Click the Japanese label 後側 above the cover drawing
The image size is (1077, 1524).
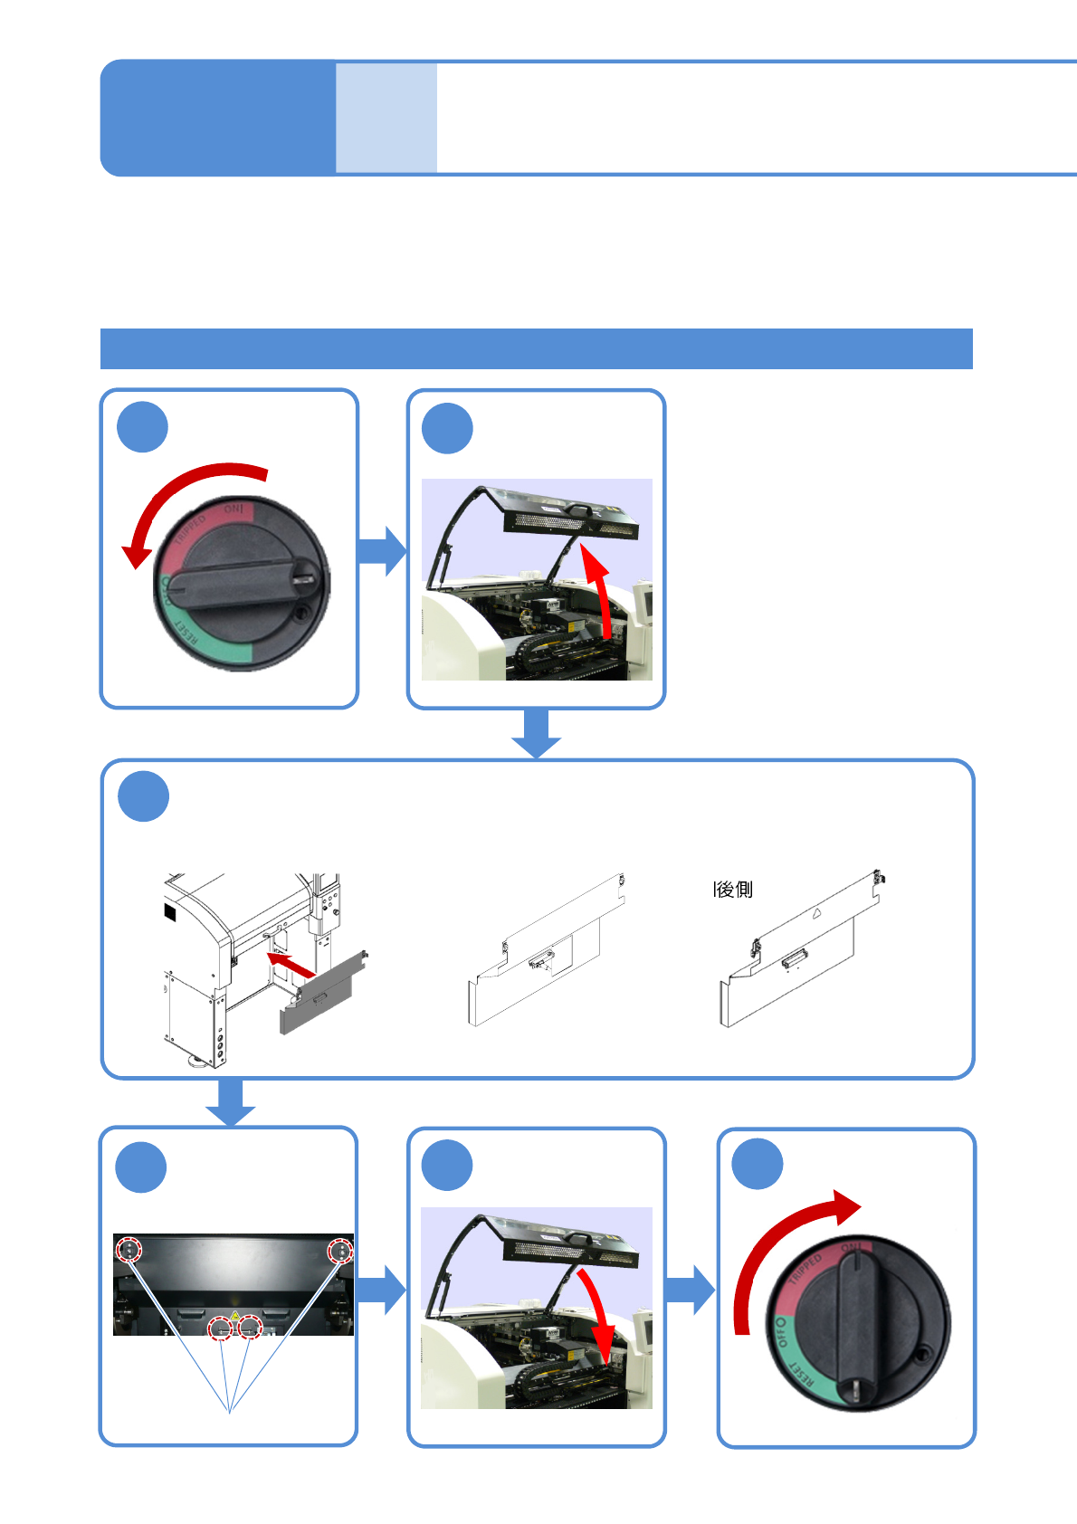click(734, 890)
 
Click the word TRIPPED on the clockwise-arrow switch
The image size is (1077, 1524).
click(805, 1269)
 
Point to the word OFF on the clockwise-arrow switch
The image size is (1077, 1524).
click(781, 1332)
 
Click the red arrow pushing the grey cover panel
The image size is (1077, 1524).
click(291, 964)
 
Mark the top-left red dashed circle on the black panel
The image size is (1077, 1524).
click(130, 1250)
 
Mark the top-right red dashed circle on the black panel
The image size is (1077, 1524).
click(340, 1251)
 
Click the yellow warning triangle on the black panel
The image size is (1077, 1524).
click(235, 1315)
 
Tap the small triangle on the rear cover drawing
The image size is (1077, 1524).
click(815, 914)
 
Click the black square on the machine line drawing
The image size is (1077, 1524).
click(170, 911)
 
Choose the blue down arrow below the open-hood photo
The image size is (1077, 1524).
click(536, 734)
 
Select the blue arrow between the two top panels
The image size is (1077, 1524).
click(382, 550)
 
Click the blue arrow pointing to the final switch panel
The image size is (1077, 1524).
click(691, 1290)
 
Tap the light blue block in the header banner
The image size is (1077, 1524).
click(386, 118)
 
